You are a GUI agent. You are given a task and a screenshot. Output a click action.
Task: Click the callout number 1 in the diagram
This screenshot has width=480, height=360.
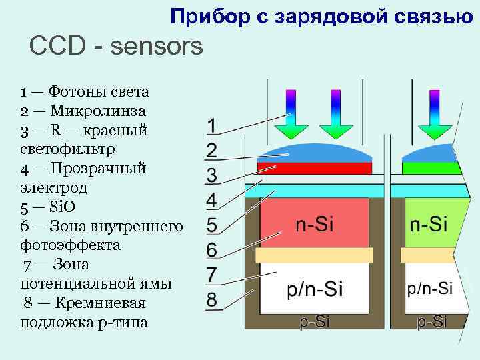[211, 126]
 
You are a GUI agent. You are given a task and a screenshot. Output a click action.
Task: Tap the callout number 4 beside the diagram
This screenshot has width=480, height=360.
[211, 200]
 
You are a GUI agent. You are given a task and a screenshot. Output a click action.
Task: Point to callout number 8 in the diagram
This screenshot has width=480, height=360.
[211, 299]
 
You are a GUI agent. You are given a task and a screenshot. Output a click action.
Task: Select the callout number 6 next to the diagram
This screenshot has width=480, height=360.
[211, 250]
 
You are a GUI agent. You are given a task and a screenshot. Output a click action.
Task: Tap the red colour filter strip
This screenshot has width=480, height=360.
[314, 167]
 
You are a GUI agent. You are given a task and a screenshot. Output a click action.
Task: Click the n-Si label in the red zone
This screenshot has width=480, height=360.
[314, 224]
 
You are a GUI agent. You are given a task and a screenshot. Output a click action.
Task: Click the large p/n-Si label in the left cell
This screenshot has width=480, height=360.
[314, 289]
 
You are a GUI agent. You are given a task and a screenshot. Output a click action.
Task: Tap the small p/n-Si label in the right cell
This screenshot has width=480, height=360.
[429, 289]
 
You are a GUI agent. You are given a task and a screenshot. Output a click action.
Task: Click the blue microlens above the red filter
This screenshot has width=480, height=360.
[314, 152]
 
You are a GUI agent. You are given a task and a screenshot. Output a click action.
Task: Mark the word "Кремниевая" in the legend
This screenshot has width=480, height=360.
[97, 303]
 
